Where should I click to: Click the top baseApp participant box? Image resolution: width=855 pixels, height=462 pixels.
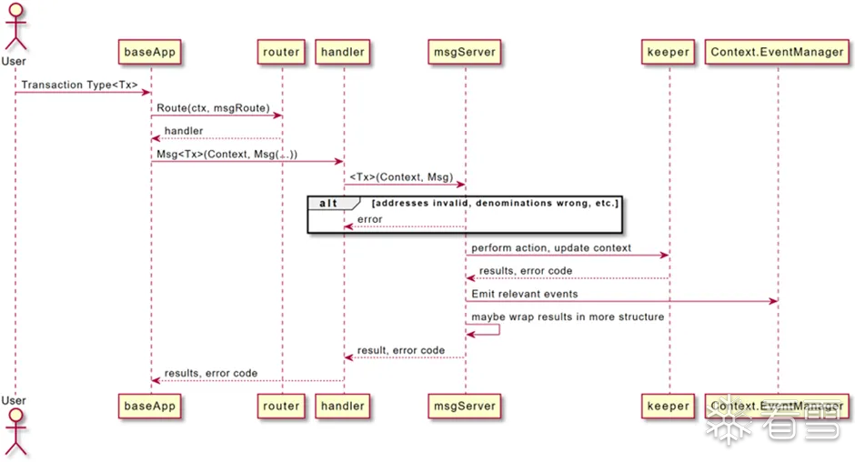[150, 52]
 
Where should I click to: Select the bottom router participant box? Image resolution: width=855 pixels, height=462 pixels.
[281, 406]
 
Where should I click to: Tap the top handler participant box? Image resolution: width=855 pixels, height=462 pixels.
[343, 52]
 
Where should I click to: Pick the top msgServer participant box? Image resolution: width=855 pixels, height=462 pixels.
[464, 52]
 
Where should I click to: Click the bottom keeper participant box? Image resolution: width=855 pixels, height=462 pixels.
[668, 406]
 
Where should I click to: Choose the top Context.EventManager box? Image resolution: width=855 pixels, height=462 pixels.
[778, 52]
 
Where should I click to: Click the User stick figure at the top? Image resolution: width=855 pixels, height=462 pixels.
[15, 27]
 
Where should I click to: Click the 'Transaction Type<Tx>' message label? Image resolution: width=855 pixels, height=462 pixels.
[79, 85]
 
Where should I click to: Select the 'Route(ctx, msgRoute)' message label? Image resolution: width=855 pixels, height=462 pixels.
[213, 108]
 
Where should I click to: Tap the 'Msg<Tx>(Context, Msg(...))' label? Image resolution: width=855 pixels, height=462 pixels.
[226, 155]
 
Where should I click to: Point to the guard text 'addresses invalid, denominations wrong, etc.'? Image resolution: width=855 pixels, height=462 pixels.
[495, 204]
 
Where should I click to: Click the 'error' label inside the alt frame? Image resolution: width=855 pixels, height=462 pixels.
[370, 219]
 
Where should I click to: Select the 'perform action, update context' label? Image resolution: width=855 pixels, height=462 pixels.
[551, 248]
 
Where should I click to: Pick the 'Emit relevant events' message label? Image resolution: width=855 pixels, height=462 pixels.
[525, 294]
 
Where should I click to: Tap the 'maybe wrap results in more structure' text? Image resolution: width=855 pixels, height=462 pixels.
[568, 317]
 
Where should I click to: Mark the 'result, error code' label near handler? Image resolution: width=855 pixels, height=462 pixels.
[401, 350]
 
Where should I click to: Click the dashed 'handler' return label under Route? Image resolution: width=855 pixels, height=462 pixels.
[183, 131]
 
